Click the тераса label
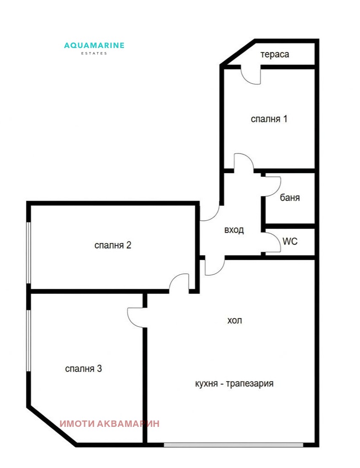click(x=275, y=54)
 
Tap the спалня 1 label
click(x=269, y=119)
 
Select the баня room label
click(x=290, y=198)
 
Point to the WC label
click(x=290, y=241)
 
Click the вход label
click(x=234, y=230)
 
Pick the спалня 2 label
click(x=113, y=245)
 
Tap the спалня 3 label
click(x=83, y=368)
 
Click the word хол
click(x=234, y=321)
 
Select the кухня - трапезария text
click(x=234, y=383)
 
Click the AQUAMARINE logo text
click(x=94, y=45)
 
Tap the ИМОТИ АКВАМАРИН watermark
click(x=110, y=424)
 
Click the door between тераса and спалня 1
click(x=251, y=75)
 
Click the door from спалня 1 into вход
click(x=243, y=163)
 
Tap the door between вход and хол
click(x=214, y=266)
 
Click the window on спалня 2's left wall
click(x=29, y=253)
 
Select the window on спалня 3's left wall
click(x=29, y=340)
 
